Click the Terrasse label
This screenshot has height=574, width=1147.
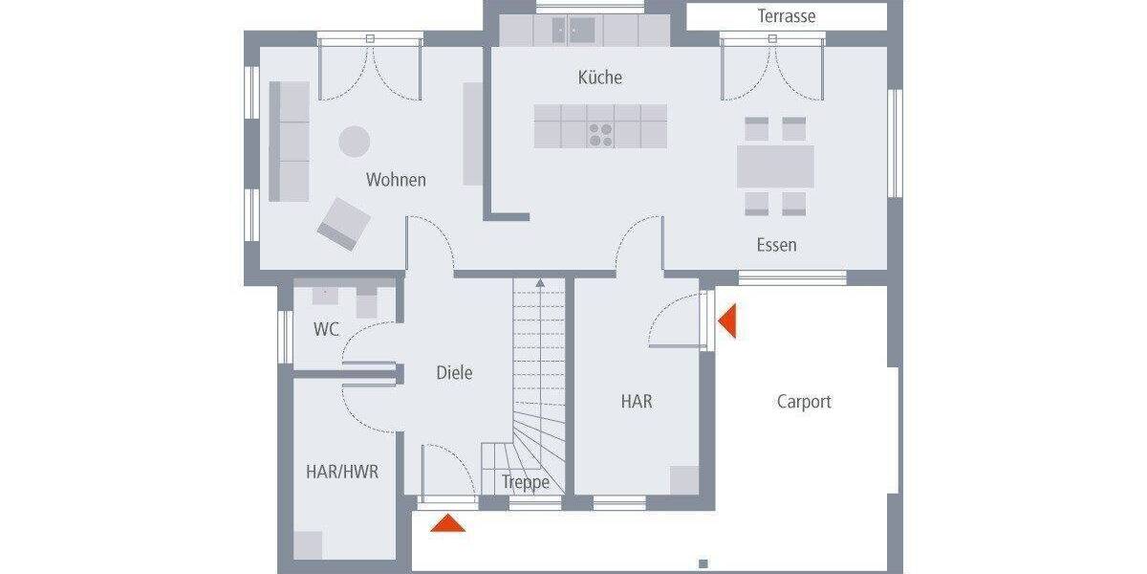(787, 16)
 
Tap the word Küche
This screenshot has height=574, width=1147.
(600, 77)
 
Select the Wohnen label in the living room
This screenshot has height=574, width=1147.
(396, 180)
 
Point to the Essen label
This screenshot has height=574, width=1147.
(776, 245)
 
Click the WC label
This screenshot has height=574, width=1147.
(327, 329)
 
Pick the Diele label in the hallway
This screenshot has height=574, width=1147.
(454, 373)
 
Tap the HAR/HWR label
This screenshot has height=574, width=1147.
(335, 472)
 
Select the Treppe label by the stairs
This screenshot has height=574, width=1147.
(526, 482)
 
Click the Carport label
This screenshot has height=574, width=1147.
(804, 402)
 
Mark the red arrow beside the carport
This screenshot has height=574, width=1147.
(727, 320)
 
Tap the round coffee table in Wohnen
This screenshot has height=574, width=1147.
(355, 142)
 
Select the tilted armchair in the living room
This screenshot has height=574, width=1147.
(344, 224)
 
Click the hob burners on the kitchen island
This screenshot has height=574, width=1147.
(600, 134)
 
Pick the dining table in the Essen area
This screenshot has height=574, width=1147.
(775, 166)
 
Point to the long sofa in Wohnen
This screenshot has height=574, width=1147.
(289, 141)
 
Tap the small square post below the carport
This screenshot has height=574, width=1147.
(703, 563)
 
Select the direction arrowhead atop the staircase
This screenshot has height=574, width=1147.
(540, 283)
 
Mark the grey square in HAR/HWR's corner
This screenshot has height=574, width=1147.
(308, 545)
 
